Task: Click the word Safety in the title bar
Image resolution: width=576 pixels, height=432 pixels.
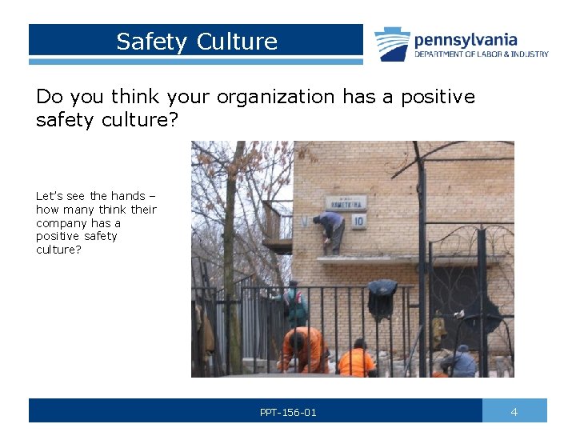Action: tap(150, 42)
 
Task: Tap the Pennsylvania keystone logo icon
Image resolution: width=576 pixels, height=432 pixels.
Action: tap(392, 44)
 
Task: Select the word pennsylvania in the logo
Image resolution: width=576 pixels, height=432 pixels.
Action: tap(466, 39)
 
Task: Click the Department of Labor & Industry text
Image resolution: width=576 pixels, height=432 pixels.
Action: tap(481, 54)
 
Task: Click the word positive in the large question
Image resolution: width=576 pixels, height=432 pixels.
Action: tap(438, 97)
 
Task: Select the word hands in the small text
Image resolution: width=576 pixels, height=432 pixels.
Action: tap(128, 196)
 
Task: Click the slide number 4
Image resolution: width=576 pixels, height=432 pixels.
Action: tap(514, 412)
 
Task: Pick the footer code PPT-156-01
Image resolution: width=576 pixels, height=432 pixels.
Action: tap(288, 413)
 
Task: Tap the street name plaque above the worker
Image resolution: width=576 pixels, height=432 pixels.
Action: tap(346, 202)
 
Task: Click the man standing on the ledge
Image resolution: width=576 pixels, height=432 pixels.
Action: tap(331, 231)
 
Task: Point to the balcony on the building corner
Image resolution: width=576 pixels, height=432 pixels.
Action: tap(277, 232)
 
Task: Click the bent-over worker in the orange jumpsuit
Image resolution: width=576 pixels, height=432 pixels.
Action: tap(303, 350)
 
